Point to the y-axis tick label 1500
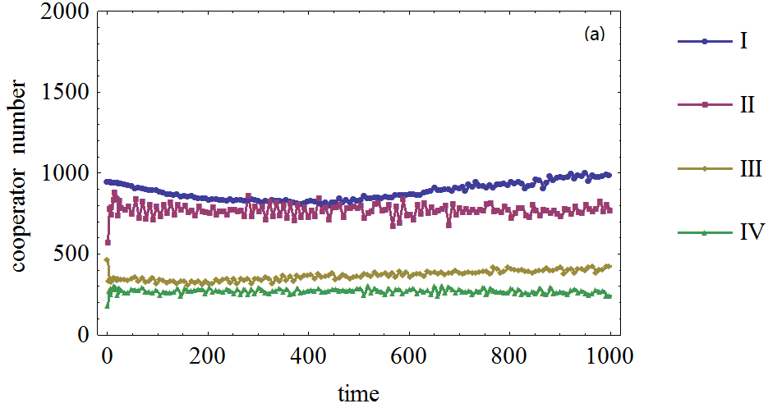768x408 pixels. pos(62,94)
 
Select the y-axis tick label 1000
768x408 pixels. pos(62,174)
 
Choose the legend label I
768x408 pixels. pos(743,41)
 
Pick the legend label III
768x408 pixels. pos(748,169)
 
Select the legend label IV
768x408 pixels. pos(747,233)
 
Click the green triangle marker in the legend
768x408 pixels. pos(704,233)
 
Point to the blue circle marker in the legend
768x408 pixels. pos(704,41)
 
